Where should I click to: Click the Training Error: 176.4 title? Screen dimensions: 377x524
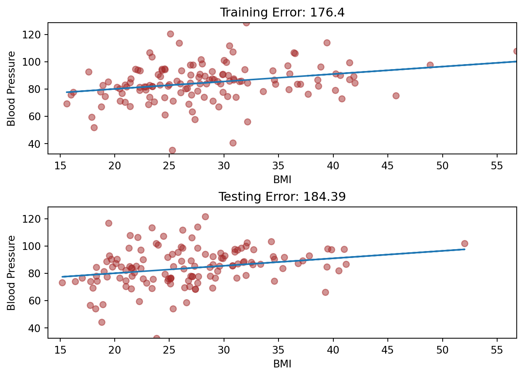282,13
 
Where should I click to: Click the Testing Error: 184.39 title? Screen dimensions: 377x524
282,197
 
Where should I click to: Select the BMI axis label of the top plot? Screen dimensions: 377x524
282,179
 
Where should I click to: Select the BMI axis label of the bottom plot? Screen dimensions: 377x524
282,364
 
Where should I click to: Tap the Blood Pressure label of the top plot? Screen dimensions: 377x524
12,88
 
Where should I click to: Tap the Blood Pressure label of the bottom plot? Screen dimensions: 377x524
12,273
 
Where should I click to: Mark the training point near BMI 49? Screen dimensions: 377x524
430,65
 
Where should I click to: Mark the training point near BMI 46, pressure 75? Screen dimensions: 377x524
396,96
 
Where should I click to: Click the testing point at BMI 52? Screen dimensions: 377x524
465,243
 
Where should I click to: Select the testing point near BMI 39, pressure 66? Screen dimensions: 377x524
325,292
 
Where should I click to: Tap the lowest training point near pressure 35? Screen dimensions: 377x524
172,150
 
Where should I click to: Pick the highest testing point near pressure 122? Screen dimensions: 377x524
205,217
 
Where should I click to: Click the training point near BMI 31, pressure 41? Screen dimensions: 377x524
233,143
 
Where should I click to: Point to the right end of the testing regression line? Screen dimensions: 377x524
465,249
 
